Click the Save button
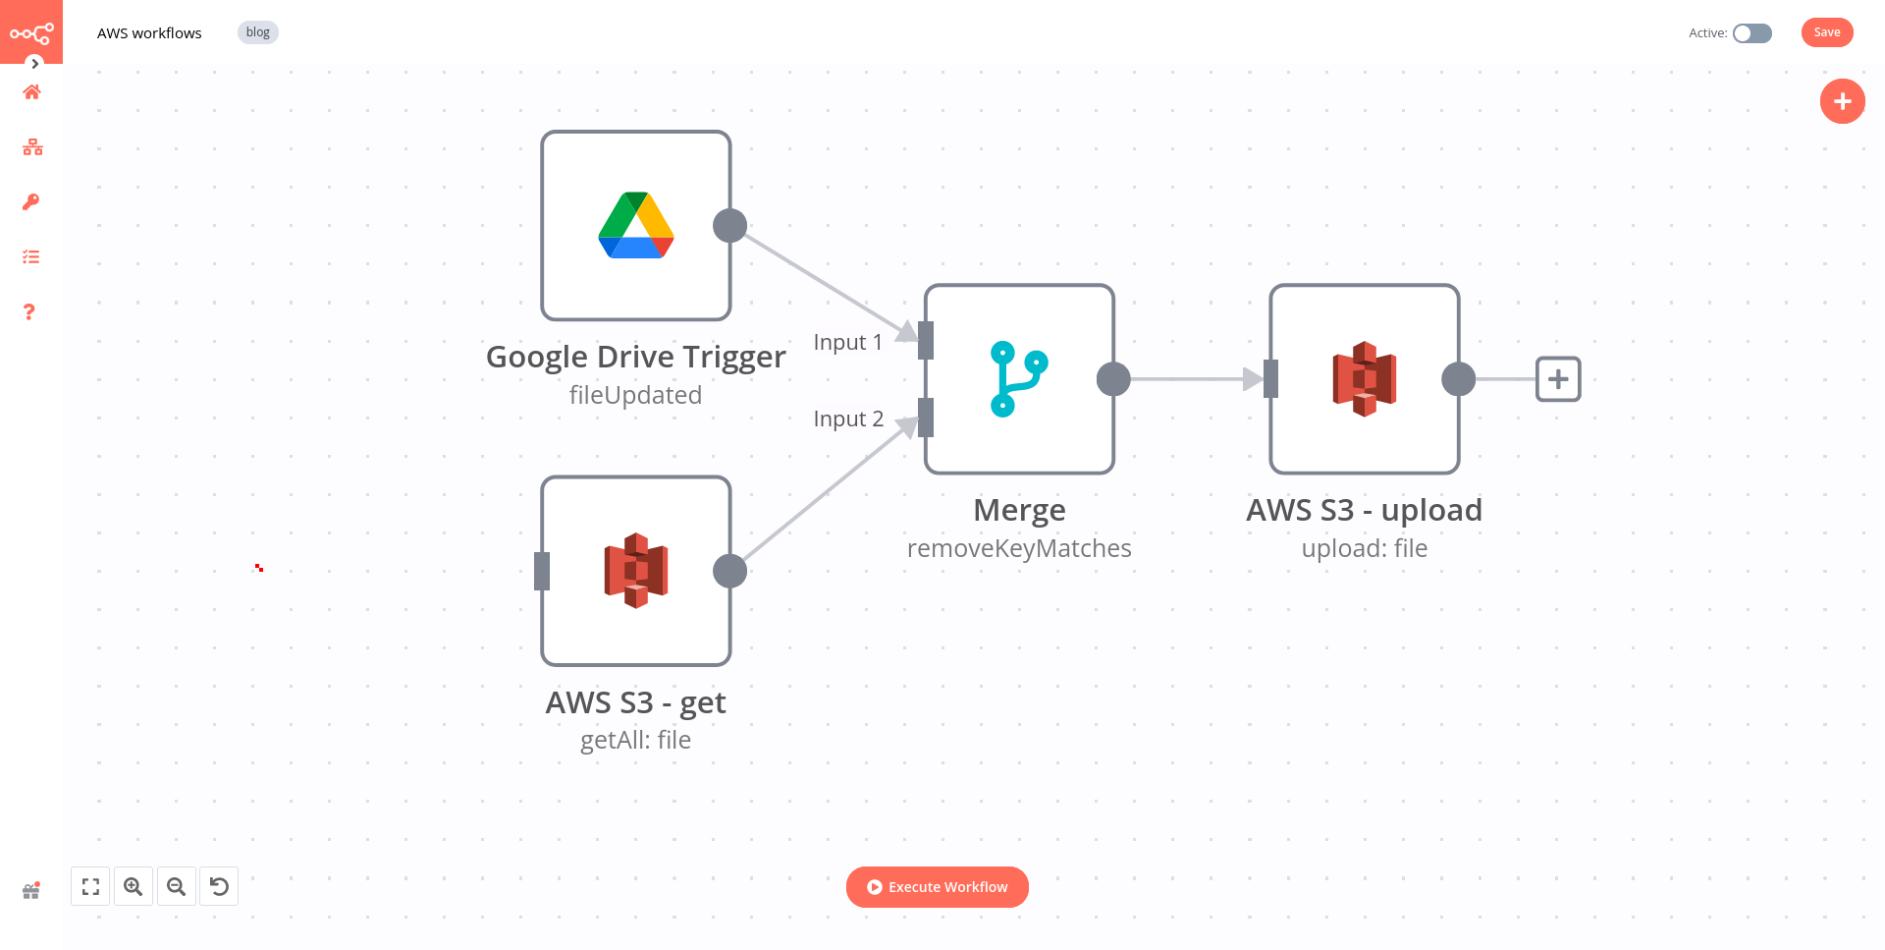coord(1826,32)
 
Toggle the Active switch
coord(1751,33)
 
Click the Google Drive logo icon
coord(636,225)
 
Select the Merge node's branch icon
coord(1019,379)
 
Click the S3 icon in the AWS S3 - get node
coord(636,571)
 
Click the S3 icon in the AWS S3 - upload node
coord(1364,379)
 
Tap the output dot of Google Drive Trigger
coord(729,226)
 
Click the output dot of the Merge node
coord(1113,379)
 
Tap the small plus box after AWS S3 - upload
coord(1558,379)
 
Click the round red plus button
coord(1842,101)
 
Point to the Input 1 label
coord(847,342)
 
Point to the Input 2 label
coord(848,419)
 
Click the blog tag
coord(257,32)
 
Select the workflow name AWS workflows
coord(149,33)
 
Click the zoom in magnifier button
coord(134,886)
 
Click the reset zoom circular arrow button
coord(219,886)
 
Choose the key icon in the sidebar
coord(31,201)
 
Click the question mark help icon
coord(29,311)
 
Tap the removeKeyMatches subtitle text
coord(1019,548)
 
